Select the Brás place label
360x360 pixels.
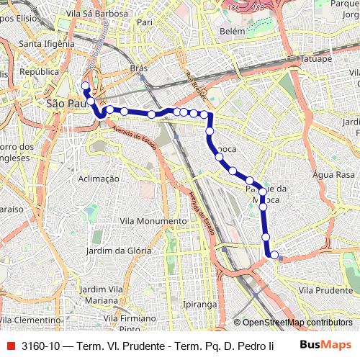point(138,68)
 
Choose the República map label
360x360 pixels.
point(39,72)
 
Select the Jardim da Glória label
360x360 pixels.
point(118,251)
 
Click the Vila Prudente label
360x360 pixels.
point(325,289)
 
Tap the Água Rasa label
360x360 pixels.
point(334,175)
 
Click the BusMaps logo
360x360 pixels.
point(326,344)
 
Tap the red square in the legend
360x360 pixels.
point(9,345)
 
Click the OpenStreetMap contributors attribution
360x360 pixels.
point(297,323)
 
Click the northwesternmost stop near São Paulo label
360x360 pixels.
point(85,86)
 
